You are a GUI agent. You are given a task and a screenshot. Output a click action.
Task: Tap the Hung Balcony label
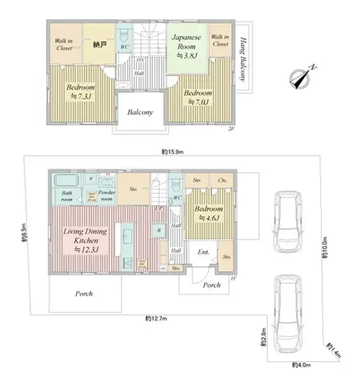pos(243,58)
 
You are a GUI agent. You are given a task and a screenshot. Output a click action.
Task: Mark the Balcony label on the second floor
pos(139,113)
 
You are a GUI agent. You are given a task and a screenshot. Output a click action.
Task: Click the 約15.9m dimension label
pos(173,152)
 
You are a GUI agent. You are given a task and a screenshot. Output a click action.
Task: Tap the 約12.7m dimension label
pos(156,318)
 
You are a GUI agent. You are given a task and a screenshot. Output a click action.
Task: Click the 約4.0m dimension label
pos(301,365)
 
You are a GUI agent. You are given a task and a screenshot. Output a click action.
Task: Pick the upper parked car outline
pos(288,221)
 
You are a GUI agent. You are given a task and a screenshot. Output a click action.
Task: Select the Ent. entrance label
pos(203,252)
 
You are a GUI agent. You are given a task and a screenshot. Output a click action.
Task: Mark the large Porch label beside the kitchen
pos(84,294)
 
